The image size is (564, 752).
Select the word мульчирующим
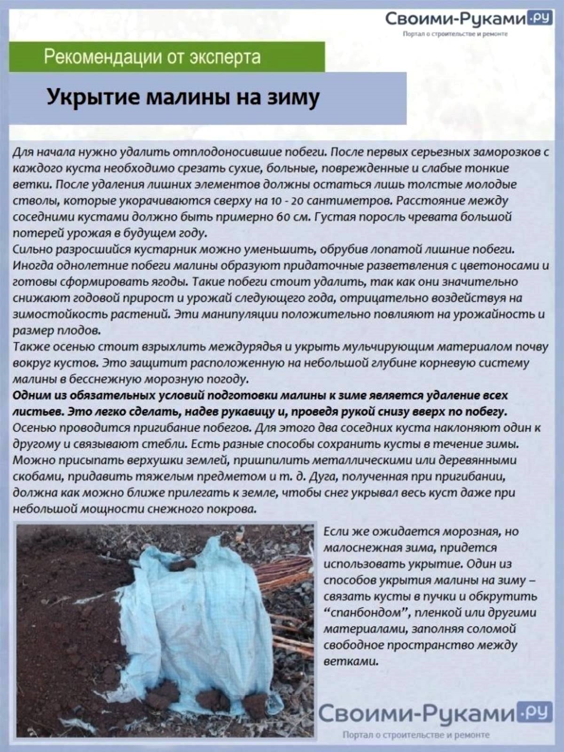point(389,347)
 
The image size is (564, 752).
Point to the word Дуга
point(323,477)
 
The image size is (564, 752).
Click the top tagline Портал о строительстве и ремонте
point(454,34)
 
